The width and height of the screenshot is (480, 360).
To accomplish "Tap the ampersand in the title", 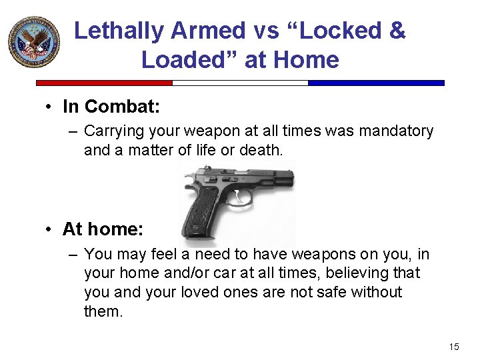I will [x=397, y=31].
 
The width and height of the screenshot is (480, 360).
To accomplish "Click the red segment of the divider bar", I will [x=104, y=83].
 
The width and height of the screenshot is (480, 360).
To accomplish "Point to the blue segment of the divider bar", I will [x=376, y=83].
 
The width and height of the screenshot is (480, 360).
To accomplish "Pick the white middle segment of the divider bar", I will [x=240, y=83].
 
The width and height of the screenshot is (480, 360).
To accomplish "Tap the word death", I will [x=263, y=150].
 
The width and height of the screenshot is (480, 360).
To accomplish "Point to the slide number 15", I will [x=454, y=346].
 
